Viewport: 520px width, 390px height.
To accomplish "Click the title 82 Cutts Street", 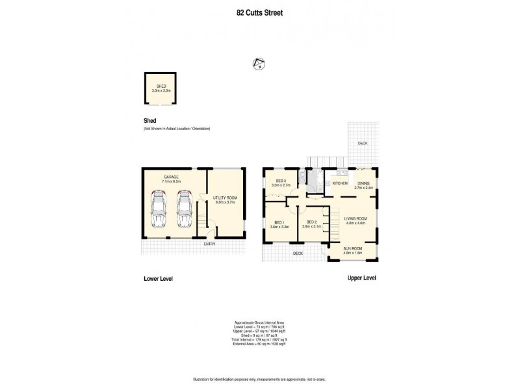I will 259,12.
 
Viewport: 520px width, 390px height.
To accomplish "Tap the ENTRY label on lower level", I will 209,244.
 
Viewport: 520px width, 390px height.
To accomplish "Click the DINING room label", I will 363,185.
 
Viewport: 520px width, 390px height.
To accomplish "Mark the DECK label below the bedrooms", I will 298,253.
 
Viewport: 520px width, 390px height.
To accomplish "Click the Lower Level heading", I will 157,278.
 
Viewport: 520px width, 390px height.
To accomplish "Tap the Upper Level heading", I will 361,278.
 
